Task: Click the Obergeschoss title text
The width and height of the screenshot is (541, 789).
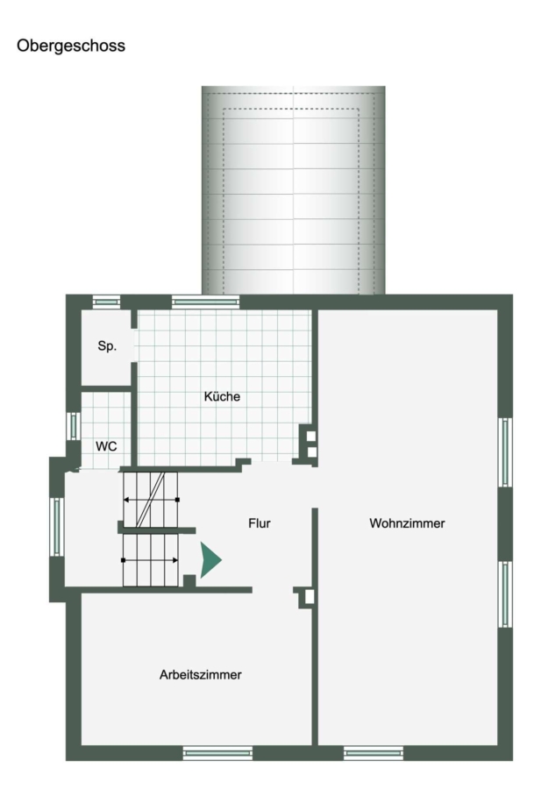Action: click(x=71, y=46)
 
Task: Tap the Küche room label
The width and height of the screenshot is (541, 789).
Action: click(x=222, y=396)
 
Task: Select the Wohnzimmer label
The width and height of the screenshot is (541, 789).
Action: click(x=407, y=523)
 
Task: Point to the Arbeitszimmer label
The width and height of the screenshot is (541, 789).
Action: click(x=200, y=675)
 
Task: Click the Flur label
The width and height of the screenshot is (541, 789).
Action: click(x=260, y=523)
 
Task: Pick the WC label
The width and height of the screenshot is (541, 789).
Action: click(x=106, y=446)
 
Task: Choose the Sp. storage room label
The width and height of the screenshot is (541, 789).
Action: click(x=107, y=346)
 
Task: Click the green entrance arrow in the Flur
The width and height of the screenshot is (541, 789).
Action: click(x=210, y=559)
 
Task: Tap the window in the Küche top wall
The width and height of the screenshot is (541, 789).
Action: click(x=205, y=302)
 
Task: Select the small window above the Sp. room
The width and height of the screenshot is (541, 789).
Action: click(x=107, y=302)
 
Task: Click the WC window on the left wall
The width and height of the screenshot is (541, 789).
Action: click(x=74, y=426)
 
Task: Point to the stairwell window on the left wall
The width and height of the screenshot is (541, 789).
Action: click(x=57, y=527)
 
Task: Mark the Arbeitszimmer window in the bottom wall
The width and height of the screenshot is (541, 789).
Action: click(x=217, y=753)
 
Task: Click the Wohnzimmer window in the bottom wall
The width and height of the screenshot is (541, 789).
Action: click(x=374, y=753)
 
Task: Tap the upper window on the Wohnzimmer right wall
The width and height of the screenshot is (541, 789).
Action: click(x=505, y=452)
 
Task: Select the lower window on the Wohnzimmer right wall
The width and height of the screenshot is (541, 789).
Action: click(x=505, y=594)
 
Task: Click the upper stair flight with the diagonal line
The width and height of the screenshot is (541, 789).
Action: click(x=151, y=499)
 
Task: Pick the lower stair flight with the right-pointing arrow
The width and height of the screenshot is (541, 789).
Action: click(x=151, y=560)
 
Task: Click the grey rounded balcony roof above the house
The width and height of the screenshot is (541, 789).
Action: click(x=294, y=190)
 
